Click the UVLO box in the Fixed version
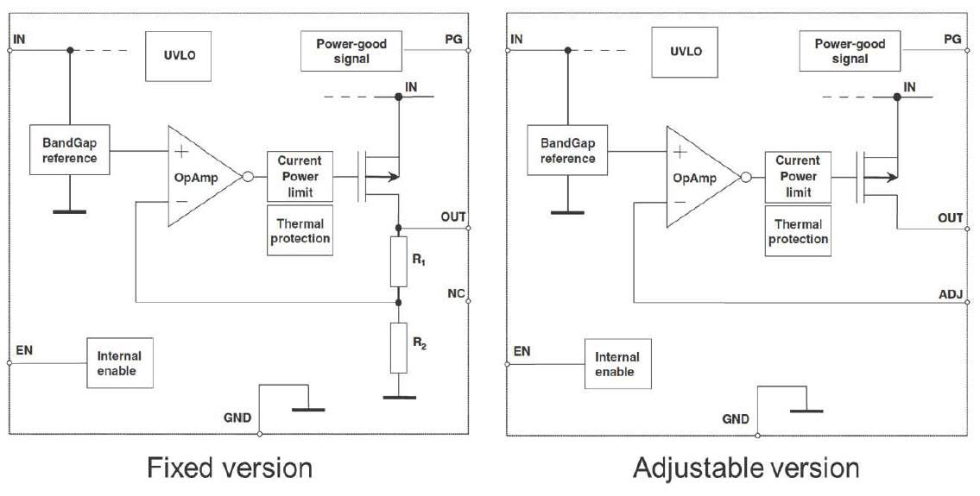click(x=179, y=51)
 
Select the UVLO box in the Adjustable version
click(x=686, y=51)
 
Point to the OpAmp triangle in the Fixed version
click(x=201, y=176)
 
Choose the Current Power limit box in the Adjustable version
click(x=798, y=176)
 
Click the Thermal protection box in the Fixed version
click(x=300, y=230)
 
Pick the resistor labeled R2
click(x=398, y=347)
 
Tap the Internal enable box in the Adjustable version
click(x=616, y=363)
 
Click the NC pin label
click(x=456, y=294)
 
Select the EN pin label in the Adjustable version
click(x=522, y=351)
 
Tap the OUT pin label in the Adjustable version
click(x=951, y=218)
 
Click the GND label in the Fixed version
click(x=237, y=418)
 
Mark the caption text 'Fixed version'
click(x=230, y=468)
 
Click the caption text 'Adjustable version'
click(x=746, y=468)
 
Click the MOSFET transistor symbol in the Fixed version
click(x=377, y=177)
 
